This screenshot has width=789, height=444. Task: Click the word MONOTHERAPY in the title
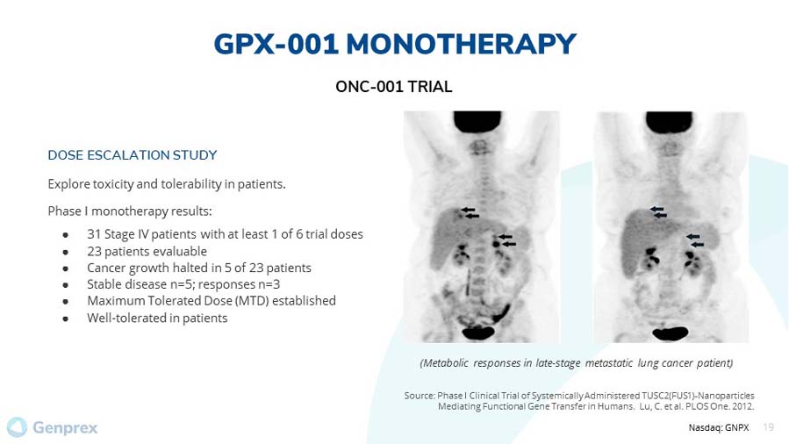[461, 44]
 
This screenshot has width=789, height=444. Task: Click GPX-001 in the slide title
[276, 44]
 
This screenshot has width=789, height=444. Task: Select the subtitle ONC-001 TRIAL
[394, 87]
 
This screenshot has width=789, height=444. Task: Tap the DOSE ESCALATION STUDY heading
[133, 154]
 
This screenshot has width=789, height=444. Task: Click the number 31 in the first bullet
[94, 234]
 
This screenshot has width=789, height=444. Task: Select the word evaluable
[183, 251]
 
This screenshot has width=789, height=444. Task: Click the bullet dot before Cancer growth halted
[66, 269]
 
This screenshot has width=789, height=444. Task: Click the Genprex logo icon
[17, 427]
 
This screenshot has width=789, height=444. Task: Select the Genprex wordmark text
[66, 428]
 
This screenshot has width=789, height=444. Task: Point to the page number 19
[768, 427]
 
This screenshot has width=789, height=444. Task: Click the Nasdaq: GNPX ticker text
[719, 427]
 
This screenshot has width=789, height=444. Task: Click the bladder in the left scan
[477, 333]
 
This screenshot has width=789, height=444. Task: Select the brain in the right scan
[670, 122]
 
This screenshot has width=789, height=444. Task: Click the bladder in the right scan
[670, 333]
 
